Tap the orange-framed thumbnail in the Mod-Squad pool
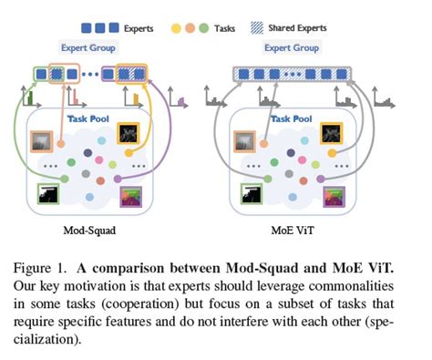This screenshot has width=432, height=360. (x=43, y=141)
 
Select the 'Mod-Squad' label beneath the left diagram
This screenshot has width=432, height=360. (x=89, y=232)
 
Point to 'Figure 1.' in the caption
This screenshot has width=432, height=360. (x=47, y=269)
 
